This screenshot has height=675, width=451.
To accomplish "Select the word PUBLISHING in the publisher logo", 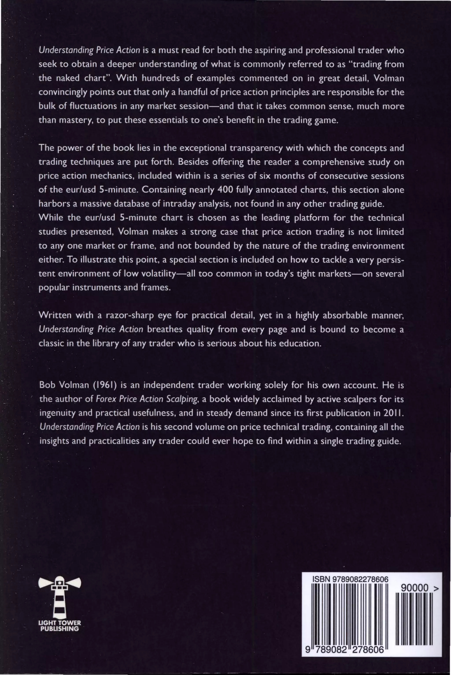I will [x=59, y=629].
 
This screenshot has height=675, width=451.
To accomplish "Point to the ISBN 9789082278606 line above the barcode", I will [x=350, y=579].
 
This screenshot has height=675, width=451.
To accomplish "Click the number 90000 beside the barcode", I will [x=414, y=588].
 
